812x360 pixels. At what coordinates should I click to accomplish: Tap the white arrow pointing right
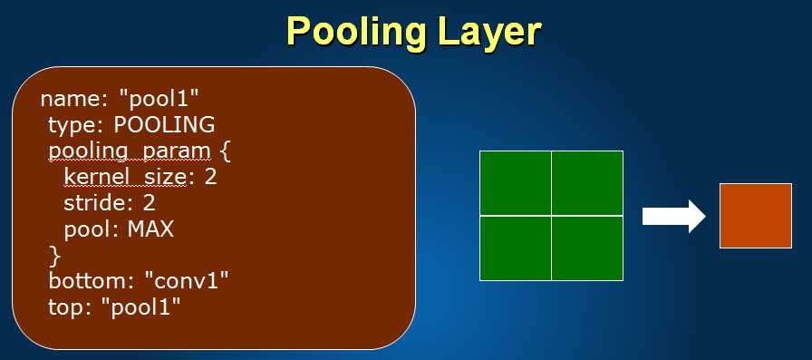(x=673, y=216)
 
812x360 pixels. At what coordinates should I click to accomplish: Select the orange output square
(x=756, y=216)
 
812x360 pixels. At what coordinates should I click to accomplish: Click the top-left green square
(x=516, y=183)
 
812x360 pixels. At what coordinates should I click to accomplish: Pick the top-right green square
(x=587, y=183)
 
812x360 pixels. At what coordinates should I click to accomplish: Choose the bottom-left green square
(x=516, y=248)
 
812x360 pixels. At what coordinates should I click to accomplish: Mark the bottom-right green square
(x=587, y=248)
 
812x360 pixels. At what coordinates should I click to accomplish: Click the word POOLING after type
(x=164, y=125)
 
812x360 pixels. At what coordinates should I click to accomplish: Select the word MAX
(x=150, y=229)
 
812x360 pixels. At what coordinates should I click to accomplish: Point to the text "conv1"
(x=186, y=281)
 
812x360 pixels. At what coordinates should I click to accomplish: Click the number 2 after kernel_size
(x=210, y=177)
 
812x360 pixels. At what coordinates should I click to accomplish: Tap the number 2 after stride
(x=150, y=203)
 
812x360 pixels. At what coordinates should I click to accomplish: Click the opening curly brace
(x=225, y=152)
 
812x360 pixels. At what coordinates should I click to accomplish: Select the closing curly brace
(x=54, y=257)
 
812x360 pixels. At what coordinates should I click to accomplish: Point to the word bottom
(x=92, y=281)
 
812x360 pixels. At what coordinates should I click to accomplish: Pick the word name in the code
(x=71, y=100)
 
